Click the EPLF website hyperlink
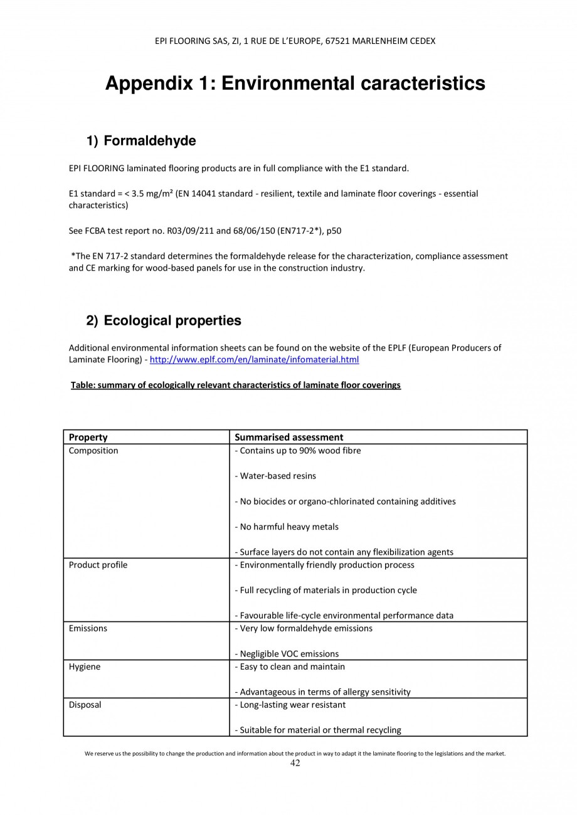point(254,360)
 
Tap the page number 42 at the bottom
point(295,763)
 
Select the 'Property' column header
point(88,437)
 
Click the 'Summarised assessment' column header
point(288,437)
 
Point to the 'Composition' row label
point(93,451)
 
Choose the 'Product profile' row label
point(98,565)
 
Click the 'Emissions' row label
point(88,628)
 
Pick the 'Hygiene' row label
point(84,666)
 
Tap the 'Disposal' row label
point(85,705)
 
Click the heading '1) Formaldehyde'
point(141,141)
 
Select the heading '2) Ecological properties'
point(164,320)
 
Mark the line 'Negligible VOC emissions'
point(289,654)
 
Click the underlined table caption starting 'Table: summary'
point(236,385)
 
